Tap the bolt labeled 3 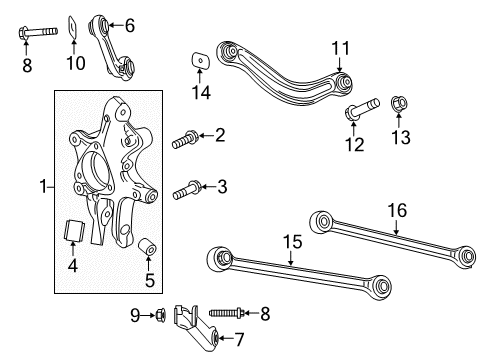point(186,187)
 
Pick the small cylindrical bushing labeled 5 point(149,246)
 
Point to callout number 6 point(130,25)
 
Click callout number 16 point(396,211)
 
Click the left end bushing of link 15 point(219,260)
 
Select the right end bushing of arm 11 point(343,83)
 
